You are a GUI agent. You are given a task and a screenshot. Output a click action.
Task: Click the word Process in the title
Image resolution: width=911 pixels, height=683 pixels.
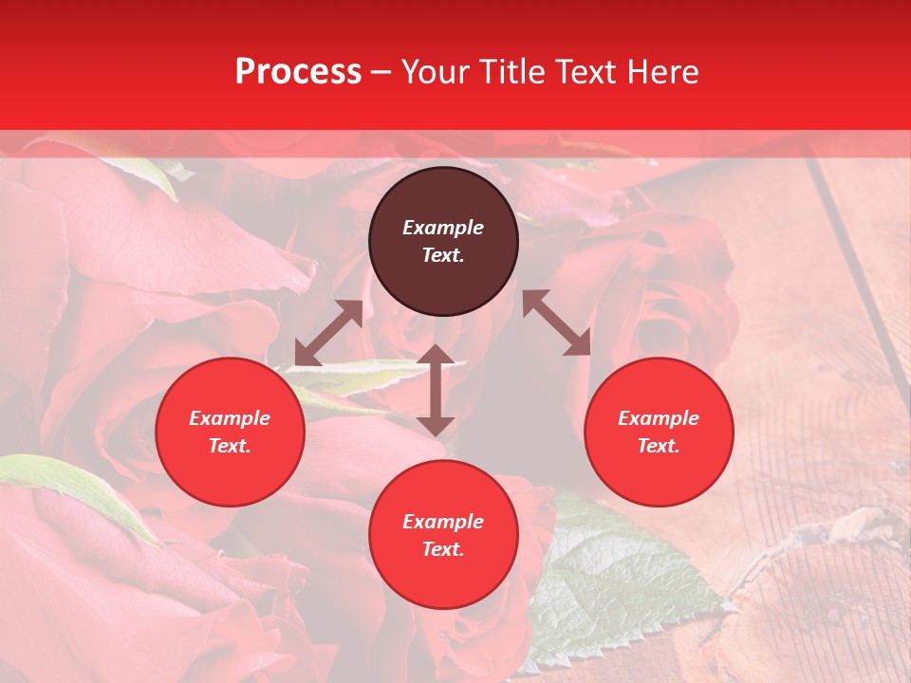(298, 72)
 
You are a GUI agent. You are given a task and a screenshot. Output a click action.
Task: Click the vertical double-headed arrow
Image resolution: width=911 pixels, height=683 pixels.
(436, 390)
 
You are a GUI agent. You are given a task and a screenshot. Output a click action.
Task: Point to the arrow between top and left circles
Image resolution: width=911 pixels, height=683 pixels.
(328, 333)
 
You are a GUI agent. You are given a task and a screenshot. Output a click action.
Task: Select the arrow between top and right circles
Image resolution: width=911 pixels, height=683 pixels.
(557, 323)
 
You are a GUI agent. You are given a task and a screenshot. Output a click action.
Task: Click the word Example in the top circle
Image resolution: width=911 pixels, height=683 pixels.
(443, 228)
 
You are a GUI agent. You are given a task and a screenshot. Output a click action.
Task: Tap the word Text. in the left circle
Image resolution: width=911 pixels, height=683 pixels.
(230, 446)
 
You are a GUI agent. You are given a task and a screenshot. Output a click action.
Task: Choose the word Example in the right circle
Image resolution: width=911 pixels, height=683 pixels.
(659, 418)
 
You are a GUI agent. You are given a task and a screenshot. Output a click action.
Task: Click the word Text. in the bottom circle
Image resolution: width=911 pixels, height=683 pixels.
(443, 549)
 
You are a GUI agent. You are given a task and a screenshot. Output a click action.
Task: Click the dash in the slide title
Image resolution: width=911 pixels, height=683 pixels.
(381, 72)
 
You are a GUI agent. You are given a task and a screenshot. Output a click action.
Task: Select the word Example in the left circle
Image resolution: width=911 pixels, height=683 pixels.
(230, 418)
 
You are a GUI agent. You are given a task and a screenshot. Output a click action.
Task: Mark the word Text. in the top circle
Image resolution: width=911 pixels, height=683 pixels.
(443, 255)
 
